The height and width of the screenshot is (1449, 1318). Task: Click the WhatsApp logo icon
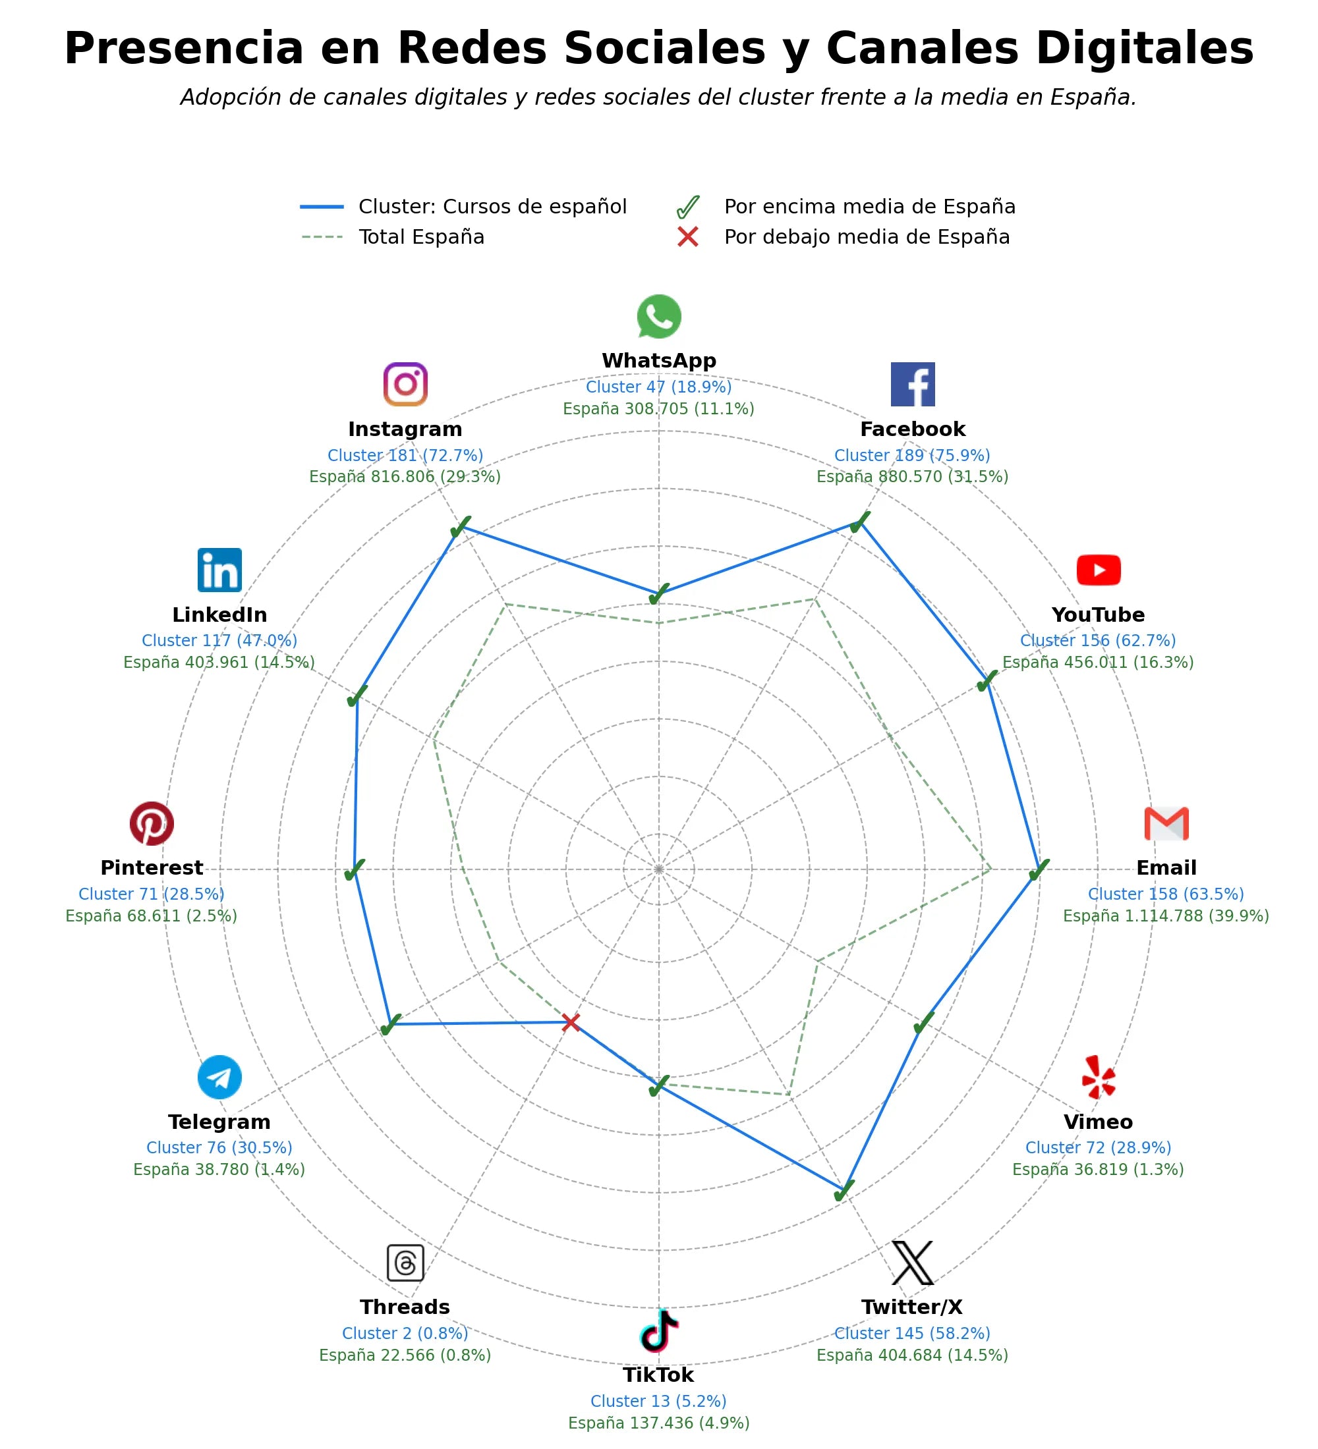coord(658,316)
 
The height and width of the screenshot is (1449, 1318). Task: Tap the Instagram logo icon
coord(405,385)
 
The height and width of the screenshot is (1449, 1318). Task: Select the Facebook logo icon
coord(913,385)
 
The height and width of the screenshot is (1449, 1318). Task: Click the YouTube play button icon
coord(1098,570)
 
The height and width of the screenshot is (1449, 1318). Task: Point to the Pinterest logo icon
coord(152,824)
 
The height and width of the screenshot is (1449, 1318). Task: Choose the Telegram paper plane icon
coord(219,1078)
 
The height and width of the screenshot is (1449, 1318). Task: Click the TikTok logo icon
coord(658,1330)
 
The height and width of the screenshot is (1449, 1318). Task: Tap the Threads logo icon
coord(405,1263)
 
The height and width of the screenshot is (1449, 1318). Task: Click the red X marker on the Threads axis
coord(571,1022)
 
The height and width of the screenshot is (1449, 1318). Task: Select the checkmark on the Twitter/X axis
coord(844,1191)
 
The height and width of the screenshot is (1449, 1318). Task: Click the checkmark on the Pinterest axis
coord(354,869)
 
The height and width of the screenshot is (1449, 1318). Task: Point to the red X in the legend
coord(688,237)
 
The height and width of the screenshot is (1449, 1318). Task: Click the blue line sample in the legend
coord(322,207)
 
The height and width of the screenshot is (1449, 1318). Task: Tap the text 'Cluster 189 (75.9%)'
coord(913,455)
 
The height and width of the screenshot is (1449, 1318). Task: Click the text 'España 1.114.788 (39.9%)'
coord(1166,916)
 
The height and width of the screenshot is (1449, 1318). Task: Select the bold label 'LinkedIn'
coord(219,615)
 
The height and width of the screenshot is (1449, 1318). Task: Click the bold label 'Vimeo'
coord(1098,1122)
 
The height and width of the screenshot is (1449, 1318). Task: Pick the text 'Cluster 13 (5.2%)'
coord(658,1401)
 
